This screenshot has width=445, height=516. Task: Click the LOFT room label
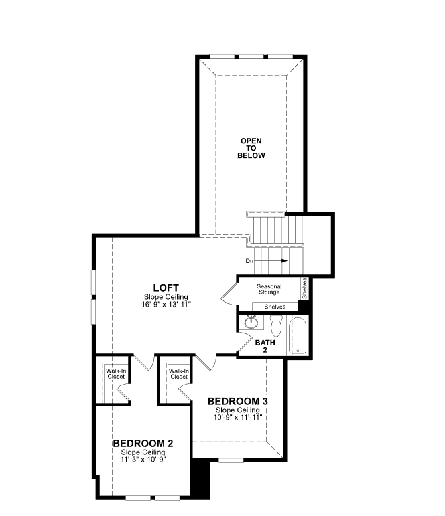point(166,288)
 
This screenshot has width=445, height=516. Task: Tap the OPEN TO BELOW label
point(251,148)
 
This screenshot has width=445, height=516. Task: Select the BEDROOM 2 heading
point(143,443)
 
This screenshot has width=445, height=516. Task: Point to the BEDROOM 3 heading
point(238,401)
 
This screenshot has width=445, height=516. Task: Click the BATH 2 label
point(265,346)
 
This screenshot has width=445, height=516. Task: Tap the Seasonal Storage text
point(269,289)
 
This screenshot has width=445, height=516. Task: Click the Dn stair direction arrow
point(271,261)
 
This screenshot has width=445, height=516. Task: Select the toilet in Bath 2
point(276,325)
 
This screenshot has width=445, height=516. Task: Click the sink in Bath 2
point(251,322)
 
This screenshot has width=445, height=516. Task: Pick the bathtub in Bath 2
point(298,336)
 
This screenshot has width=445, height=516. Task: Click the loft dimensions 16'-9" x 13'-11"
point(166,304)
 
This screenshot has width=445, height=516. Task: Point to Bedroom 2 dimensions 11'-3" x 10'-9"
point(143,459)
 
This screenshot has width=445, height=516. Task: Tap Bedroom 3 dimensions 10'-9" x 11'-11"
point(238,417)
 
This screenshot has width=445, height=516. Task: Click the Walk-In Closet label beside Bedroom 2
point(116,374)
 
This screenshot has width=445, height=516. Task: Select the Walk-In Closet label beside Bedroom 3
point(179,374)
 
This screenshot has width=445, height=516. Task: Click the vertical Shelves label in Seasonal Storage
point(304,288)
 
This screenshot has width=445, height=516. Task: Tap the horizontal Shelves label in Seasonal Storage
point(275,307)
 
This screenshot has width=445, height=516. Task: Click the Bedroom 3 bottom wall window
point(231,460)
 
